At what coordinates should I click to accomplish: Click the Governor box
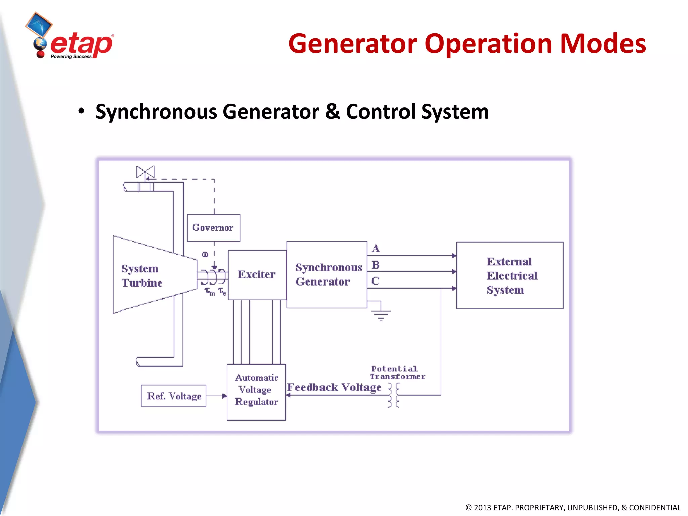pyautogui.click(x=213, y=228)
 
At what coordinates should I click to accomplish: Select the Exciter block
pyautogui.click(x=257, y=275)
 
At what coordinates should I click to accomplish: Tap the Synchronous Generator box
pyautogui.click(x=327, y=274)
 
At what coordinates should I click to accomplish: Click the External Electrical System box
pyautogui.click(x=509, y=275)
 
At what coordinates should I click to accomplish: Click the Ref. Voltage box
pyautogui.click(x=174, y=396)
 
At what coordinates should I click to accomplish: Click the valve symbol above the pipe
pyautogui.click(x=145, y=172)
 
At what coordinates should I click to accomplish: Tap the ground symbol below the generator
pyautogui.click(x=381, y=315)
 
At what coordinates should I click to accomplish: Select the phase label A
pyautogui.click(x=376, y=249)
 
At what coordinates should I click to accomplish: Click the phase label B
pyautogui.click(x=376, y=265)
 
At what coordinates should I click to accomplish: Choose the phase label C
pyautogui.click(x=375, y=281)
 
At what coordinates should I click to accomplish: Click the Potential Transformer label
pyautogui.click(x=397, y=373)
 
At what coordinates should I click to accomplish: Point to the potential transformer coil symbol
pyautogui.click(x=394, y=395)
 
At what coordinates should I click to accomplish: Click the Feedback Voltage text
pyautogui.click(x=334, y=387)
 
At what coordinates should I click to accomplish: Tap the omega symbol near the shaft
pyautogui.click(x=205, y=254)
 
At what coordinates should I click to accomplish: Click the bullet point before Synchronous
pyautogui.click(x=81, y=111)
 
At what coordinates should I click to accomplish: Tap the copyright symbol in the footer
pyautogui.click(x=468, y=508)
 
